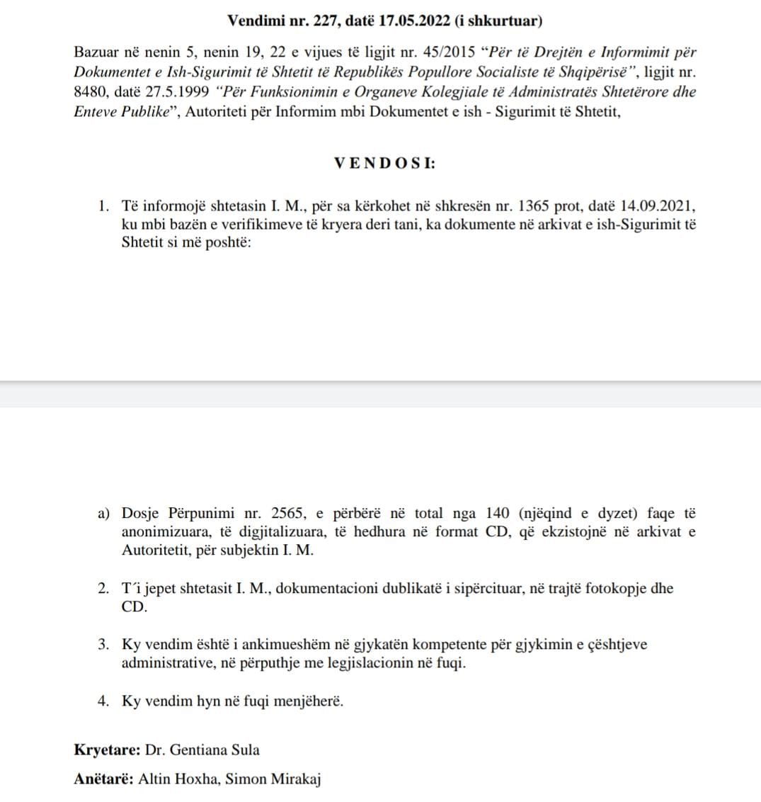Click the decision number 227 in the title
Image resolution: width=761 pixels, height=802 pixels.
coord(326,21)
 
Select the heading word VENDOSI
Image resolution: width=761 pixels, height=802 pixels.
coord(384,162)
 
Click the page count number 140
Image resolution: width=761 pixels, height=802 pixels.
coord(499,513)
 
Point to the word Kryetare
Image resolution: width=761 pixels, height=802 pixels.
coord(106,750)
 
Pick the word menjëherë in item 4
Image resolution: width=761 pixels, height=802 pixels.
coord(310,701)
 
